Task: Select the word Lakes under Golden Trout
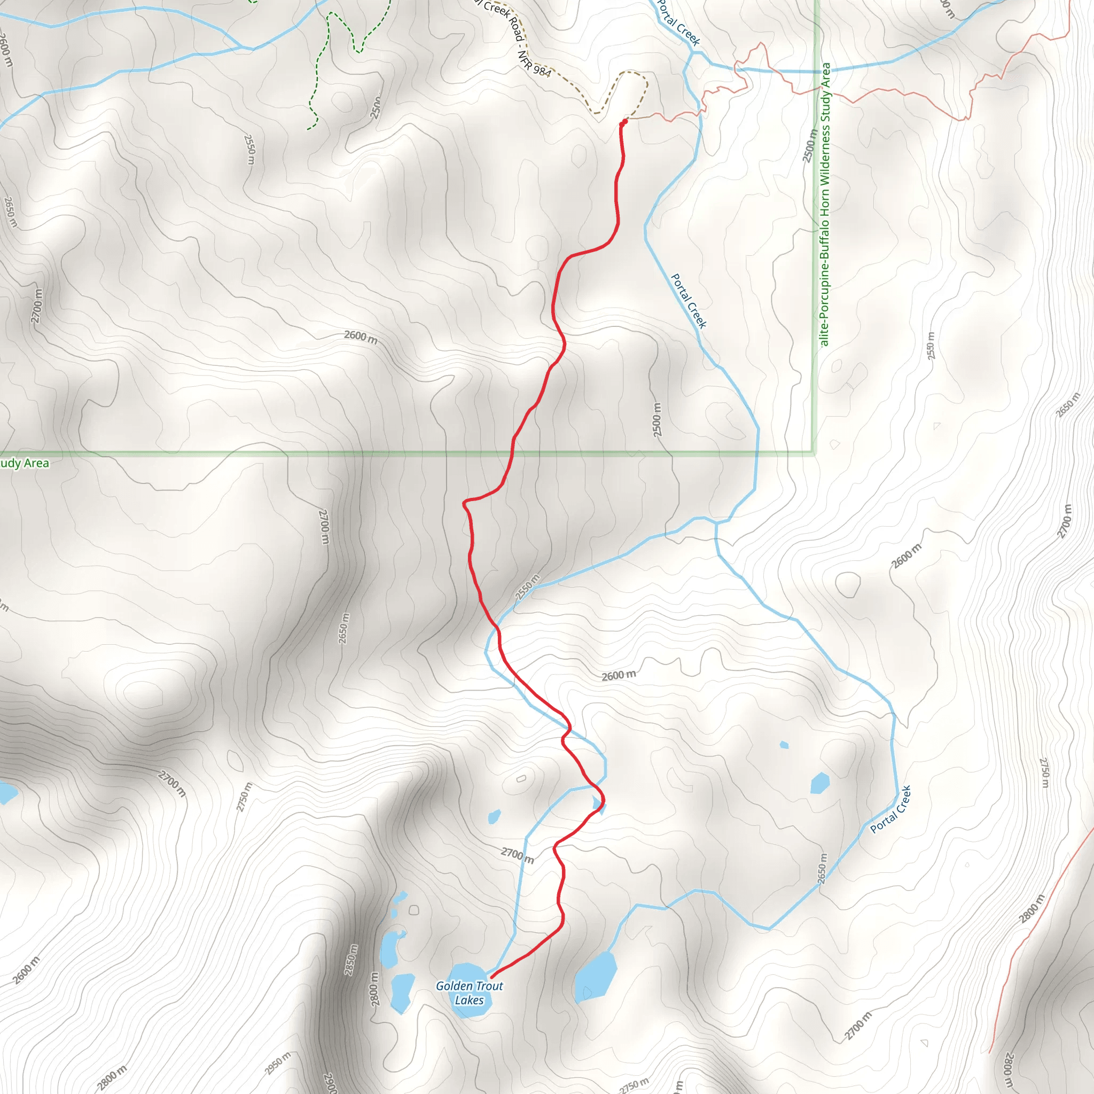point(469,1000)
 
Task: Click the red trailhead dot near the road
point(624,122)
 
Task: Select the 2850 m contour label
point(351,959)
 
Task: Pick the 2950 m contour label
point(277,1063)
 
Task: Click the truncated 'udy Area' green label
point(25,463)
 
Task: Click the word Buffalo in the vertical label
point(824,237)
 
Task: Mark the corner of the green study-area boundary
point(814,453)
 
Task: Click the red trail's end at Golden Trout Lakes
point(491,977)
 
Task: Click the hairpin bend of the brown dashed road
point(631,73)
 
